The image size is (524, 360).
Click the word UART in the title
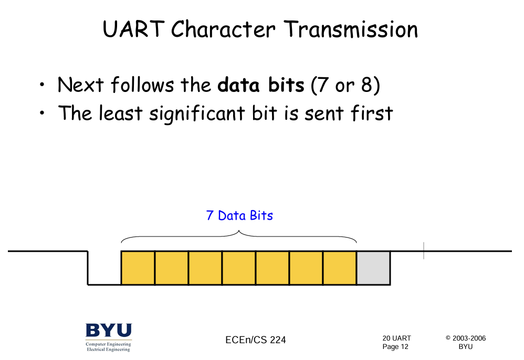(134, 29)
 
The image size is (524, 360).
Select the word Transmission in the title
(351, 29)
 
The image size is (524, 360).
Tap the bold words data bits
(261, 85)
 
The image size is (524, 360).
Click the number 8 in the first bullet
(366, 85)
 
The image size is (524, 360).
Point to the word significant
(197, 114)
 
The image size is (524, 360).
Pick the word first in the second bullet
(372, 113)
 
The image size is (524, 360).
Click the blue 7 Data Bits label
(239, 215)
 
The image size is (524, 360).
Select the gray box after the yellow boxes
(374, 268)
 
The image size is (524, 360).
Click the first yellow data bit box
(138, 268)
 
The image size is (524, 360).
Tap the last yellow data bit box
(340, 268)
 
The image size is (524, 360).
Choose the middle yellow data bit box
(239, 268)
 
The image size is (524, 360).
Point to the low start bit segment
(104, 284)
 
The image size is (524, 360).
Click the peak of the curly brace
(239, 231)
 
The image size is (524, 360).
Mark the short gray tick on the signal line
(424, 251)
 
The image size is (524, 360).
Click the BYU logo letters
(109, 330)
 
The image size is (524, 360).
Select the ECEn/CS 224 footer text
(256, 340)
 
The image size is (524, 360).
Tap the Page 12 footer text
(395, 347)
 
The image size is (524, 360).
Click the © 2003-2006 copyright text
(466, 338)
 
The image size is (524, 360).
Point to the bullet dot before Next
(42, 85)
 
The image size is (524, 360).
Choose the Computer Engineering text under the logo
(108, 344)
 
